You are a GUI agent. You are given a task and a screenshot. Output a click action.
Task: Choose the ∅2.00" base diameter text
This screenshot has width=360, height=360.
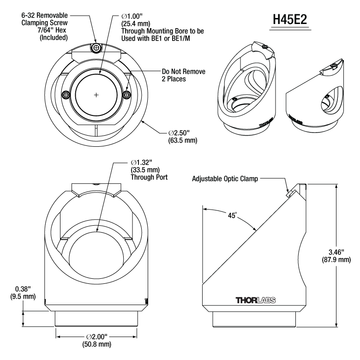pos(96,337)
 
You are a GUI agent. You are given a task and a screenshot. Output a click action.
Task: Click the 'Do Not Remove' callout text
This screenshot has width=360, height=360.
pos(183,72)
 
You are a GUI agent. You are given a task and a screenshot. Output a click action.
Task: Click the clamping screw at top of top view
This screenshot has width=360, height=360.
pos(96,48)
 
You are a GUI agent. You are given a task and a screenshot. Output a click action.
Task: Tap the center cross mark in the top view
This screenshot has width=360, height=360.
pos(96,95)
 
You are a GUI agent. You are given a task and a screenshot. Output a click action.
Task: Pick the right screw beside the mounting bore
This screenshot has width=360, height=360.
pos(126,95)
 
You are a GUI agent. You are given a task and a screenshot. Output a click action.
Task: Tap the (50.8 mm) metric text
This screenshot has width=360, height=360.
pos(96,345)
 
